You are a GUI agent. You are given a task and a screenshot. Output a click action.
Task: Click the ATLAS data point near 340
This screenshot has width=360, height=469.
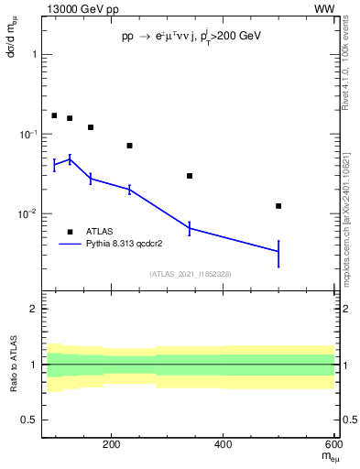click(x=190, y=176)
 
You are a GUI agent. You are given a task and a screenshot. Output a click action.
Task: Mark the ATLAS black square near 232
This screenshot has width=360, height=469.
click(x=129, y=146)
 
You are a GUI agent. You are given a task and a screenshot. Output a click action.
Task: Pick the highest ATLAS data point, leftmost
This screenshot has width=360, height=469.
click(x=54, y=115)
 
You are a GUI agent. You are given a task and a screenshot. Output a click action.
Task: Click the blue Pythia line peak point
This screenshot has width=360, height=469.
click(x=70, y=159)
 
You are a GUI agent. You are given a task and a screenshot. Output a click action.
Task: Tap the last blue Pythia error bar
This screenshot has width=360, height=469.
click(x=278, y=251)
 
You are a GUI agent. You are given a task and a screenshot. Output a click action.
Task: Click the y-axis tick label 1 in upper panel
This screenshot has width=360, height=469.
click(x=34, y=55)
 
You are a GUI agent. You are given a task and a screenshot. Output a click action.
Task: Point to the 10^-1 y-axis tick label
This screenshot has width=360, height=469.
click(x=28, y=135)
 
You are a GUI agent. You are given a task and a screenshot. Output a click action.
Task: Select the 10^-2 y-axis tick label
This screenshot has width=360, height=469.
click(x=28, y=214)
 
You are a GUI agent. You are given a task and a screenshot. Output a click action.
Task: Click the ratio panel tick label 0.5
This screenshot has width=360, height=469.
click(x=30, y=420)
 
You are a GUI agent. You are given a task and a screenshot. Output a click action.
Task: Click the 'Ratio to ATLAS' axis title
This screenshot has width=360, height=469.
click(x=12, y=365)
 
